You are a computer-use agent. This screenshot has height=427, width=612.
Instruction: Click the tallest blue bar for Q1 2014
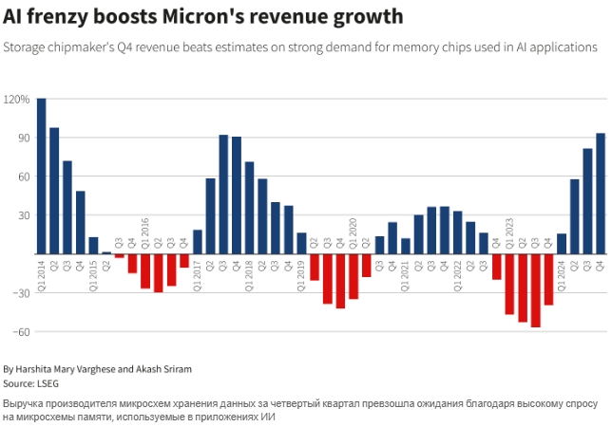pos(41,176)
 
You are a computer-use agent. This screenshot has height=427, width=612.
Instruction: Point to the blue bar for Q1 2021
pos(406,246)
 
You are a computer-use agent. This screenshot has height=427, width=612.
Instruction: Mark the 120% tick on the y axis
pos(17,99)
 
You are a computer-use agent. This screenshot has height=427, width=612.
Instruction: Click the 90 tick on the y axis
pos(21,138)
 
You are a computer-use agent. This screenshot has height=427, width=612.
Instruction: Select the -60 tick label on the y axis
pos(19,332)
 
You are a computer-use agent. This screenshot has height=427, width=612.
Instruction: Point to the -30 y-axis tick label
pos(19,293)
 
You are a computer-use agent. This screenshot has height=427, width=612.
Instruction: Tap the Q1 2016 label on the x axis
pos(145,232)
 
